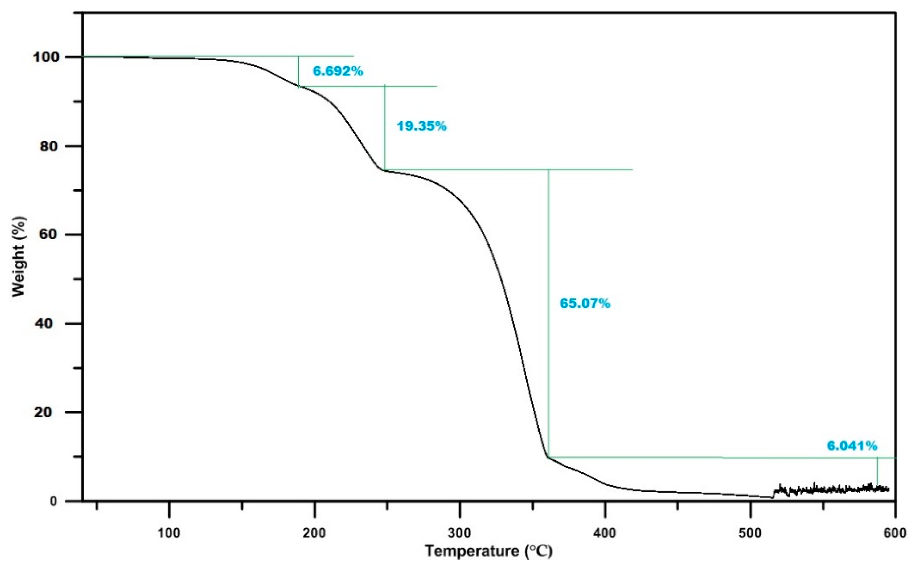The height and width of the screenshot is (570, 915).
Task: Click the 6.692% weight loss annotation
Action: (337, 71)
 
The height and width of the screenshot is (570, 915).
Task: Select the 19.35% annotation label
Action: (421, 126)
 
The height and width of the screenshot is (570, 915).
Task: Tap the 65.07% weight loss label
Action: (585, 303)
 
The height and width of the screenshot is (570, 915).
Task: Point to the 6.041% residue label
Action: (852, 446)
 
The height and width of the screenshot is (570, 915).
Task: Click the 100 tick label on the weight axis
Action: (45, 57)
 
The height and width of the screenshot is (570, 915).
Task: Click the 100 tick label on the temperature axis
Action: (169, 534)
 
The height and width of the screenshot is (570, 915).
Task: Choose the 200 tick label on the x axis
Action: (314, 534)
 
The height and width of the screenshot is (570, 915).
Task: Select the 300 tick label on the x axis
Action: (460, 534)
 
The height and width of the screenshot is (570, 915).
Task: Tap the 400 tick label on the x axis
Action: (605, 534)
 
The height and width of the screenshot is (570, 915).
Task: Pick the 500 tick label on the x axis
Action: (750, 534)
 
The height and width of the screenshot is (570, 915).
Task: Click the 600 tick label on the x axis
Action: (895, 534)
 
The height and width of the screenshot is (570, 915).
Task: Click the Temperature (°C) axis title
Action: (489, 551)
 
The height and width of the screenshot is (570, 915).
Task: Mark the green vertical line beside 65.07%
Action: (548, 313)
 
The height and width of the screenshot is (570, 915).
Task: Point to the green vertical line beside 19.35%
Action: (385, 127)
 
